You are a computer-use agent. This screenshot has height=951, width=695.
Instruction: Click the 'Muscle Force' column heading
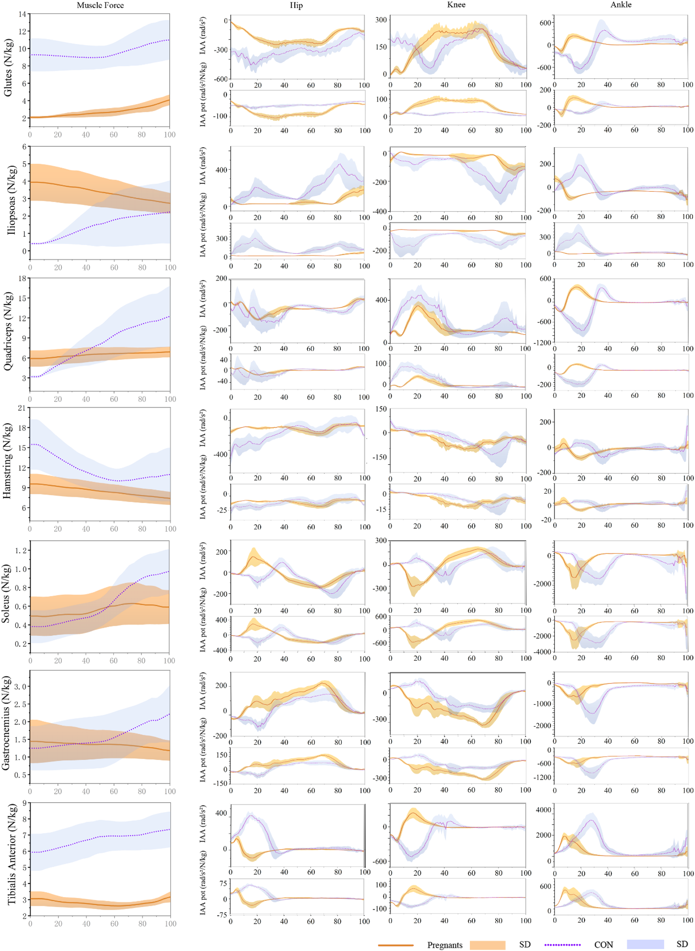point(100,6)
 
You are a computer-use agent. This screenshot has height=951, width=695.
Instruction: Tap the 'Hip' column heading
point(296,6)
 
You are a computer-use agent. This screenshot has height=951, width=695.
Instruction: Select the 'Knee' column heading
point(456,5)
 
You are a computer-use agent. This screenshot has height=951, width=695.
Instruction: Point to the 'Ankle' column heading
point(621,5)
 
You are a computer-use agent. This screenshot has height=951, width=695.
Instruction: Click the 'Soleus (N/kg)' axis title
point(6,594)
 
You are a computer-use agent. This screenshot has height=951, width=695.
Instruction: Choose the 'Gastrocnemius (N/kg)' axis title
point(6,723)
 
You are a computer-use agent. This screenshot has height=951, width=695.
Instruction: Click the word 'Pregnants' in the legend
point(445,945)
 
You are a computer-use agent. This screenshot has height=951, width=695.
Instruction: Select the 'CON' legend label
point(603,945)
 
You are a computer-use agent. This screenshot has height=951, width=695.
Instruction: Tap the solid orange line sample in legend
point(395,945)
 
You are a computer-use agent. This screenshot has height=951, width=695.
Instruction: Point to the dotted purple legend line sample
point(562,945)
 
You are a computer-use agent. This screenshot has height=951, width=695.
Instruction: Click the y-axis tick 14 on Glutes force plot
point(22,14)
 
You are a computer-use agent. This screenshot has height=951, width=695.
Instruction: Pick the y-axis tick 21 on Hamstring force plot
point(21,408)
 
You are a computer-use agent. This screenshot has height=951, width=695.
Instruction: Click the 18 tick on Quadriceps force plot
point(22,278)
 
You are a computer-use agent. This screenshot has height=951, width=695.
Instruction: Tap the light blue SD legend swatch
point(645,944)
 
